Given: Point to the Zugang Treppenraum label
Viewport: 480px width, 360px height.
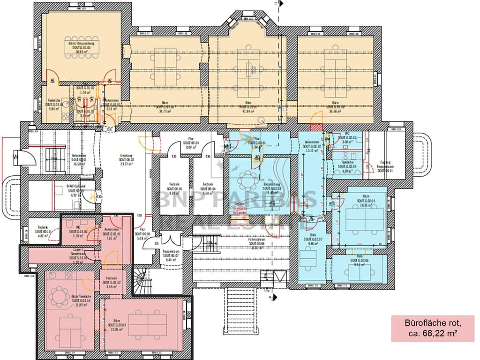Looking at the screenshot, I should [x=386, y=166].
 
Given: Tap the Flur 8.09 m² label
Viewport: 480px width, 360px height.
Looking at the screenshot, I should [x=191, y=142].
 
